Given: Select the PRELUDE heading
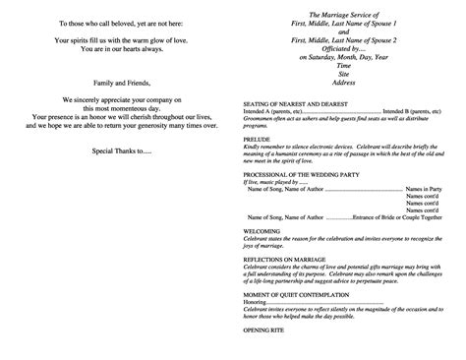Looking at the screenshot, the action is click(x=257, y=137).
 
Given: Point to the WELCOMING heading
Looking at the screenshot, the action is click(x=262, y=231).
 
